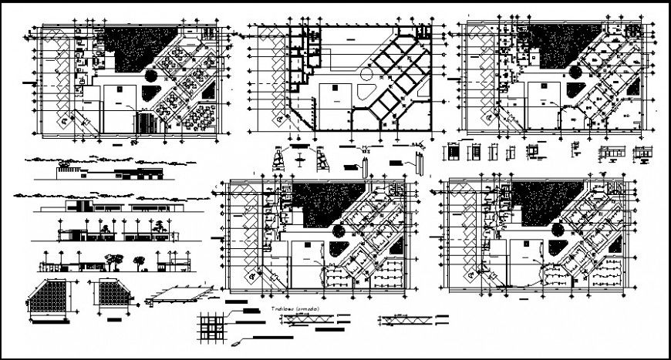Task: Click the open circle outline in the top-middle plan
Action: [367, 73]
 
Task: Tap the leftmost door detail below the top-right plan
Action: [454, 153]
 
